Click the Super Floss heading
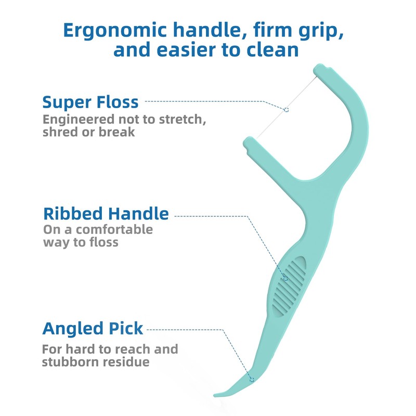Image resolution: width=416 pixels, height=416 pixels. (x=90, y=101)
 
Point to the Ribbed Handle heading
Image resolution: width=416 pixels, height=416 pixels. (x=106, y=213)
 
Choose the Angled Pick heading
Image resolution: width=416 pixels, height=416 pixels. (x=93, y=329)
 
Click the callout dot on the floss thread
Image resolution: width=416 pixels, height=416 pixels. (x=286, y=109)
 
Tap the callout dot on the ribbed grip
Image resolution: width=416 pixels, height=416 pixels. (x=285, y=279)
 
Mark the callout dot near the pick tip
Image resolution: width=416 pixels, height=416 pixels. (x=252, y=380)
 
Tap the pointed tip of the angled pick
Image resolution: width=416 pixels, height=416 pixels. (x=216, y=394)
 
